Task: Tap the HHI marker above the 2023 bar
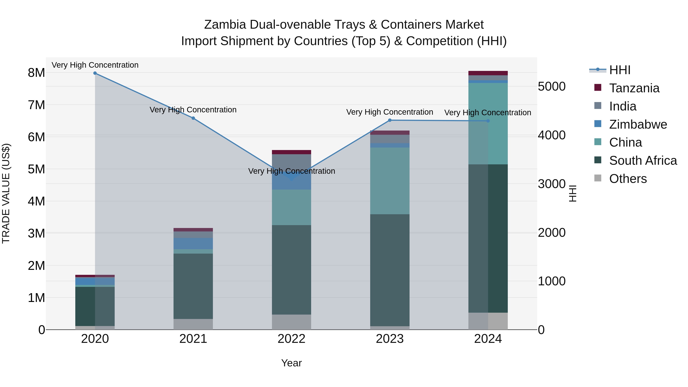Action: pos(390,120)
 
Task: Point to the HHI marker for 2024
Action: pos(488,121)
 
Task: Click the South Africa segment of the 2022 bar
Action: pos(291,270)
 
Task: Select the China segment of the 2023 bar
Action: pos(390,181)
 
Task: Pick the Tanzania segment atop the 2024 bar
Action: pos(488,73)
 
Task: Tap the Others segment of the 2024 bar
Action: pos(488,321)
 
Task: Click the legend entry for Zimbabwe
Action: pos(638,124)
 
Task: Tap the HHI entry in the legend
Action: pos(620,70)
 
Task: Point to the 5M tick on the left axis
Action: pos(36,169)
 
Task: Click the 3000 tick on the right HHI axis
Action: pos(552,184)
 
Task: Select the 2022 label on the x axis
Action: pos(291,339)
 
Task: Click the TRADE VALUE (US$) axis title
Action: pos(6,193)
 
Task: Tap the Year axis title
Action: pos(291,363)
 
